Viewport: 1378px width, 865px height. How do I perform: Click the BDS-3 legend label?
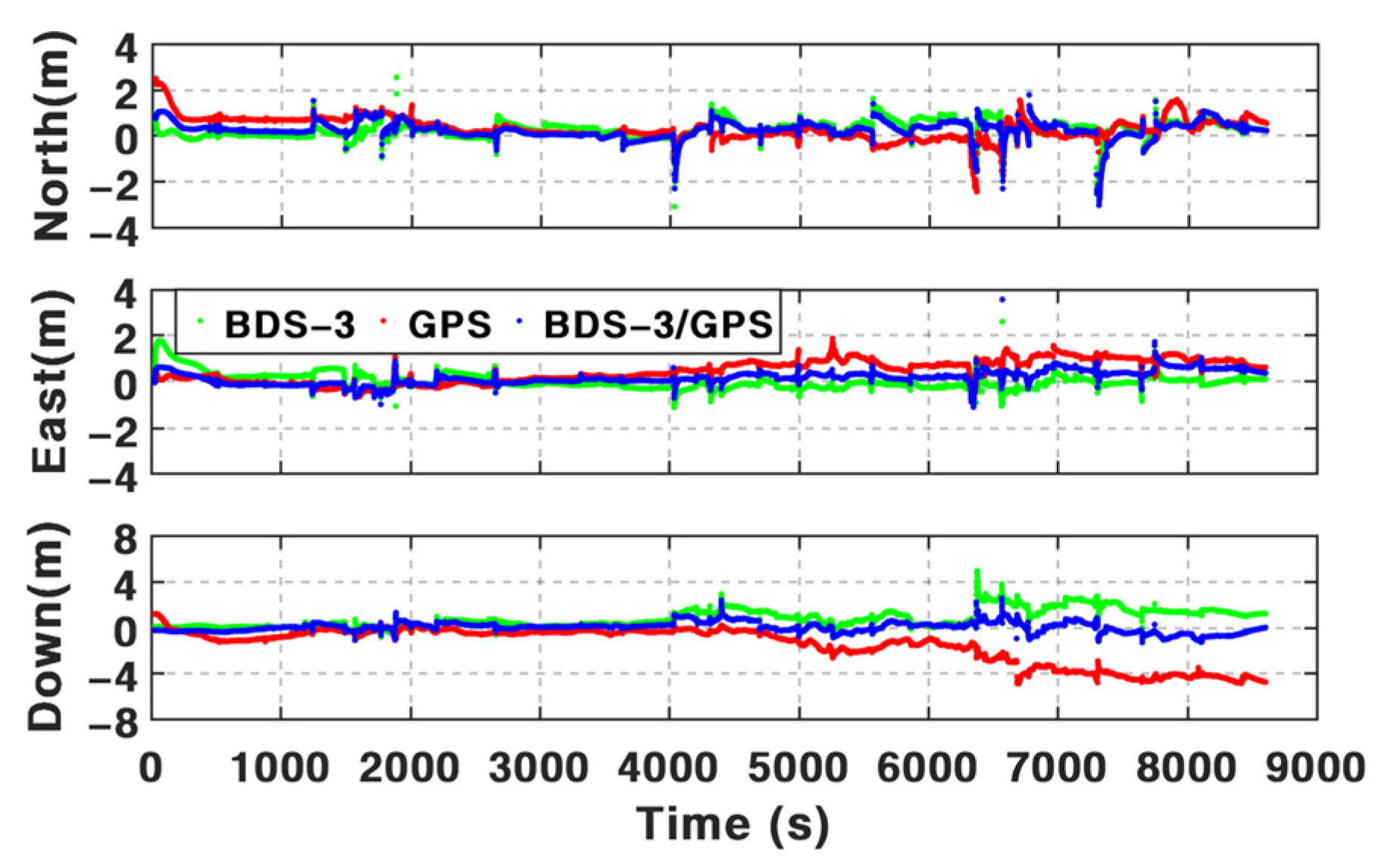[289, 324]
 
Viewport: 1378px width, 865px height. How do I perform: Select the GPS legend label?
[450, 324]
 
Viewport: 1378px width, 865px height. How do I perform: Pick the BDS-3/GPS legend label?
[658, 324]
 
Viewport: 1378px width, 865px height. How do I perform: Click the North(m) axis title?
[52, 136]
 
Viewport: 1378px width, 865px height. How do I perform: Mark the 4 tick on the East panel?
[126, 294]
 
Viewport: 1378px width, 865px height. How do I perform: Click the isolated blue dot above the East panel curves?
[1002, 300]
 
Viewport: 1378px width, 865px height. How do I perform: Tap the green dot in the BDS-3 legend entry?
[200, 321]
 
